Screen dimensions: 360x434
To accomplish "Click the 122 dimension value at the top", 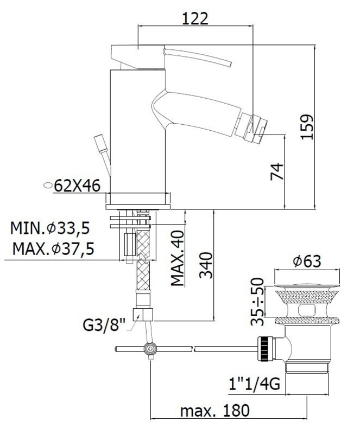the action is point(195,18).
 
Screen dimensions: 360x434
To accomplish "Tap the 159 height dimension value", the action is point(307,127).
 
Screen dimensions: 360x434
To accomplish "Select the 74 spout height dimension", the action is point(277,172).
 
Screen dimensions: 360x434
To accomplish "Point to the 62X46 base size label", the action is point(77,186).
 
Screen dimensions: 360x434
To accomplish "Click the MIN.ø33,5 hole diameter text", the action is point(50,228).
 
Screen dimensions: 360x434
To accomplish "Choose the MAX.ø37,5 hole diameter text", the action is point(54,248).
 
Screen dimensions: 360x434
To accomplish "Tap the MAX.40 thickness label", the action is point(178,258).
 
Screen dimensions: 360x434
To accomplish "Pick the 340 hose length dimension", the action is point(206,265).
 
